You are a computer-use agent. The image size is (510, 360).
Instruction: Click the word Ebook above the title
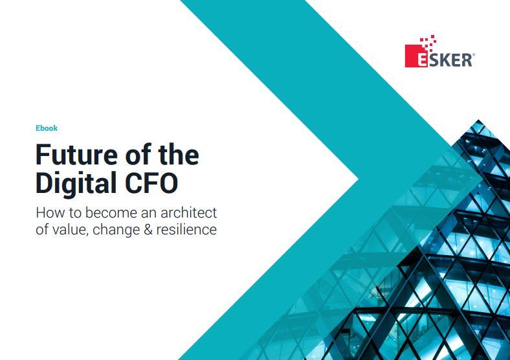click(47, 128)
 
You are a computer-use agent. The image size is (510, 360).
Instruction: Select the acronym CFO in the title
click(151, 183)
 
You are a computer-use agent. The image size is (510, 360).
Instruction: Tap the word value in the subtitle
click(68, 229)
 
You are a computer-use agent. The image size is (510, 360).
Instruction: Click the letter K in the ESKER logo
click(444, 60)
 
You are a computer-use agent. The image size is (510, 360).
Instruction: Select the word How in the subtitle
click(47, 212)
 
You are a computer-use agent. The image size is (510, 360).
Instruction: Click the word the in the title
click(177, 156)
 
